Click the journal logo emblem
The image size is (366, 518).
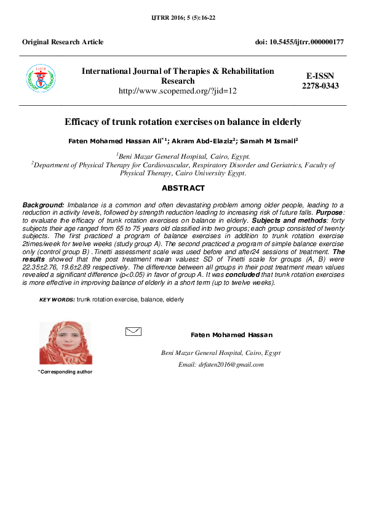[x=40, y=81]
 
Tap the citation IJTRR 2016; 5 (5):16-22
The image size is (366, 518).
[x=183, y=18]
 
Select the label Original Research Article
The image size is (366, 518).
[x=63, y=42]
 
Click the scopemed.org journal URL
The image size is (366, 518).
[x=178, y=90]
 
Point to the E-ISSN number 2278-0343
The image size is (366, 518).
[x=320, y=86]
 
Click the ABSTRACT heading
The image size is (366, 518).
[x=183, y=188]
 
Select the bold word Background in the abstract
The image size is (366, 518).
[x=43, y=204]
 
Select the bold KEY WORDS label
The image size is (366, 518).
[x=57, y=299]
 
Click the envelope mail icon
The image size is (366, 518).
[x=133, y=332]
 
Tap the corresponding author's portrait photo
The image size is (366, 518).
[x=65, y=343]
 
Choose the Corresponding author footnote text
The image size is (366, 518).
[x=65, y=372]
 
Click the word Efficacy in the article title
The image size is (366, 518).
[x=83, y=122]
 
